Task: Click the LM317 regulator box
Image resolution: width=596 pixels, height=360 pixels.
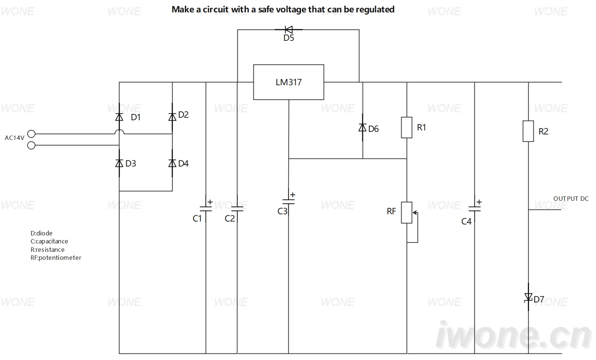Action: [288, 82]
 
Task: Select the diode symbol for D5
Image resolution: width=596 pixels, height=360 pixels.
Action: [289, 30]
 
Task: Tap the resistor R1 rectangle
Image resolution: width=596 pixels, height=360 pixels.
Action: [407, 127]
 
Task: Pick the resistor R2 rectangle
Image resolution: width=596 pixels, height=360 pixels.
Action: [528, 131]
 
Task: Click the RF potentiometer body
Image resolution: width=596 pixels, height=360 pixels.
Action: [407, 212]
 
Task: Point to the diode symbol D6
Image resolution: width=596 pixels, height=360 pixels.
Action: [362, 128]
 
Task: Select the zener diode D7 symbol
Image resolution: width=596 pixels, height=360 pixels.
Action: [528, 297]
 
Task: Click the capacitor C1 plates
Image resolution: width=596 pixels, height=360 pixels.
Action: [206, 209]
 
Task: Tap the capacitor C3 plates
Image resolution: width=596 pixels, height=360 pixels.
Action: [288, 201]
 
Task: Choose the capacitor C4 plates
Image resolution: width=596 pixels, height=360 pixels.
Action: [474, 209]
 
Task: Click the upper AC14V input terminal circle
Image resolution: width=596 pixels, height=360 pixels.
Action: [31, 134]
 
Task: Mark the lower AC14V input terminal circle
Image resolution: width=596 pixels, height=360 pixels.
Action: [31, 145]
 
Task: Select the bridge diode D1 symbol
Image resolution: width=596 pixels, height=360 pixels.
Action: [119, 117]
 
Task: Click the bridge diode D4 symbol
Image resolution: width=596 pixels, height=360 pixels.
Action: [172, 163]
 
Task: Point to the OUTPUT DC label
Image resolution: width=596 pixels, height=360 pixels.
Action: [571, 199]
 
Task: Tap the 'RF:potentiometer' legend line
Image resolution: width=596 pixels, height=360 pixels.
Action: [56, 258]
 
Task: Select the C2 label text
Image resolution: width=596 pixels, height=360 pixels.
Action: [230, 218]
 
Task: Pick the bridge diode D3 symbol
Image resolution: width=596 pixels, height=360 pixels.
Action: [119, 163]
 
